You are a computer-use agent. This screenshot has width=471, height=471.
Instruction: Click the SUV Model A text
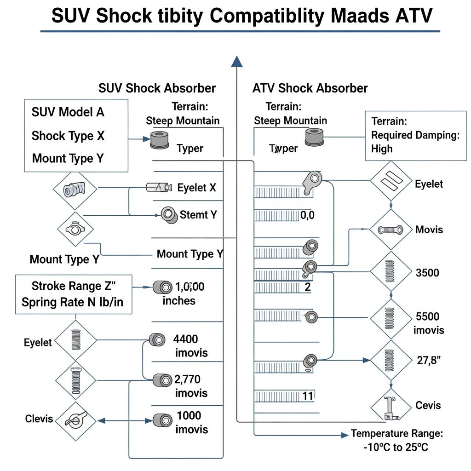(68, 112)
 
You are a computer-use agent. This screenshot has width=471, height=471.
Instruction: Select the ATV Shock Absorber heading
(310, 88)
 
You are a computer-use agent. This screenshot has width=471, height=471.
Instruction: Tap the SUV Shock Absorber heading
(157, 88)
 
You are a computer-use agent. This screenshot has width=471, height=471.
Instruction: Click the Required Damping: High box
(415, 135)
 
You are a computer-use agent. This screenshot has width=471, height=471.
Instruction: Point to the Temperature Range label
(396, 433)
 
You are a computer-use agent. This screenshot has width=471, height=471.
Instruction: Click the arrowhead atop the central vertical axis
(237, 62)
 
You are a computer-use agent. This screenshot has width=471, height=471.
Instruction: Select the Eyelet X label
(196, 188)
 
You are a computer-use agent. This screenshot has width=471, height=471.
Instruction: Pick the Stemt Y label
(198, 214)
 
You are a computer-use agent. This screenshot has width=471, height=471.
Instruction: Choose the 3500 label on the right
(427, 273)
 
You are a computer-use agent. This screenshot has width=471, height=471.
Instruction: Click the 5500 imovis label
(428, 323)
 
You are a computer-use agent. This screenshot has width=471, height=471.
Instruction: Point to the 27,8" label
(429, 361)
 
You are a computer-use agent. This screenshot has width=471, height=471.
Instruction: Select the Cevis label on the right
(428, 405)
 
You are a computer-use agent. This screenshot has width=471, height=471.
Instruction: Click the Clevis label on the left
(39, 419)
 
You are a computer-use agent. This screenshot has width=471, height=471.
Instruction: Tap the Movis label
(429, 229)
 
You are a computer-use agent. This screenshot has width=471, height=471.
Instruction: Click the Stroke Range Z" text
(74, 286)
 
